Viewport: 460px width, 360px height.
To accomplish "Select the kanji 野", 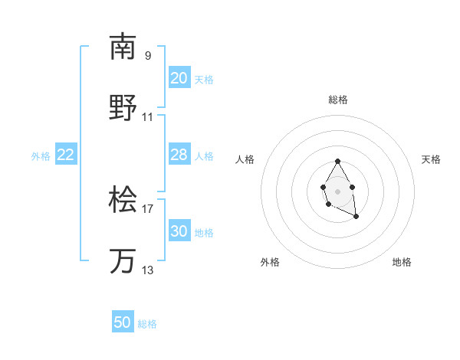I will point(123,107).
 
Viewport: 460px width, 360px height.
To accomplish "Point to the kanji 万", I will point(123,261).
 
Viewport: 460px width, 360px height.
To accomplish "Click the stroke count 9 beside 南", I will point(148,55).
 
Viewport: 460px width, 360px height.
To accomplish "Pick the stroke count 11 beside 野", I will point(148,117).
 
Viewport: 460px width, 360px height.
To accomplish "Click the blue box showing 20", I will point(179,78).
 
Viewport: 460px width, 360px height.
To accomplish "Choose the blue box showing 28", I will point(179,155).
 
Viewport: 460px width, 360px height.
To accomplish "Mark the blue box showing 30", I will point(179,231).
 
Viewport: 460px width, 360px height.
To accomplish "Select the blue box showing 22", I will point(66,155).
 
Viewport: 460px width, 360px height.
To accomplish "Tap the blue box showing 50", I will point(123,322).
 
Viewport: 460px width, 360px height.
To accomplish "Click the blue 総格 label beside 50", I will point(147,324).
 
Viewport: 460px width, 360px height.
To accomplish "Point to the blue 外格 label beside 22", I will point(41,156).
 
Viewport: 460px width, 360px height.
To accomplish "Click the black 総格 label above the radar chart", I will point(338,100).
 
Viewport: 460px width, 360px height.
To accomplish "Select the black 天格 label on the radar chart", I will point(431,159).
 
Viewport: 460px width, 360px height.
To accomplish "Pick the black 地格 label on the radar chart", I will point(402,262).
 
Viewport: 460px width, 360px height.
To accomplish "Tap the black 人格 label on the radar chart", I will point(245,159).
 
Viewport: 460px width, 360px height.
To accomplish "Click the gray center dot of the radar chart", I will point(337,190).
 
